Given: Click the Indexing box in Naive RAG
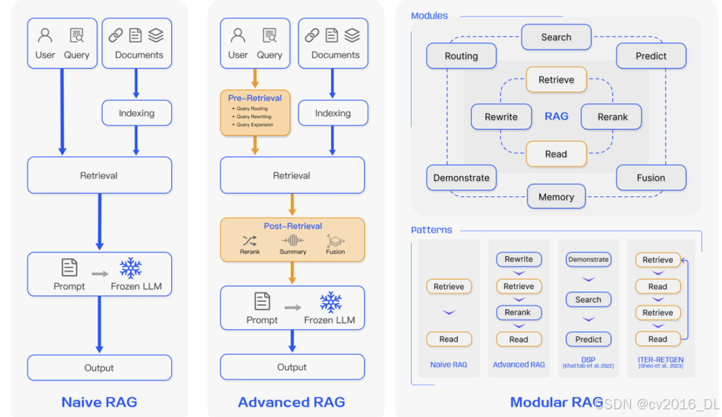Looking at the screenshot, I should (137, 113).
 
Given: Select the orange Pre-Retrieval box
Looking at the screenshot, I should (255, 112).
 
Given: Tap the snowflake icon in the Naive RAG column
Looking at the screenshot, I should (131, 268).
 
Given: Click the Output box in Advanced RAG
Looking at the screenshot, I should (292, 367).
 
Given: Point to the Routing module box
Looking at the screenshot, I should (461, 56).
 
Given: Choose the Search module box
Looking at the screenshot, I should (556, 37).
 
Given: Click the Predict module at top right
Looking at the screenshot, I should (651, 56).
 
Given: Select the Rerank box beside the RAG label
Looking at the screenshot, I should (612, 117).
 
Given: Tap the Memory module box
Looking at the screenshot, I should (556, 197).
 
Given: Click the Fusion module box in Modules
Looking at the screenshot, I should (651, 177).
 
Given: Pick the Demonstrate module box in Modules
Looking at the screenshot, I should (461, 177).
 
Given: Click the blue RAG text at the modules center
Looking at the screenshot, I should (556, 116).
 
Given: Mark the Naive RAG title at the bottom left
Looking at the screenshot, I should (100, 402).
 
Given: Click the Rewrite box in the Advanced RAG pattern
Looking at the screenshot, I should (518, 259).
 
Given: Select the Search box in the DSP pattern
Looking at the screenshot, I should (588, 299).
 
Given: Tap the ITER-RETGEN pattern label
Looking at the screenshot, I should (661, 360).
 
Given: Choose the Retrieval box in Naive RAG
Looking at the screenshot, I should (100, 175).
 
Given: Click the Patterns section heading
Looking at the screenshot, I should (431, 230).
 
